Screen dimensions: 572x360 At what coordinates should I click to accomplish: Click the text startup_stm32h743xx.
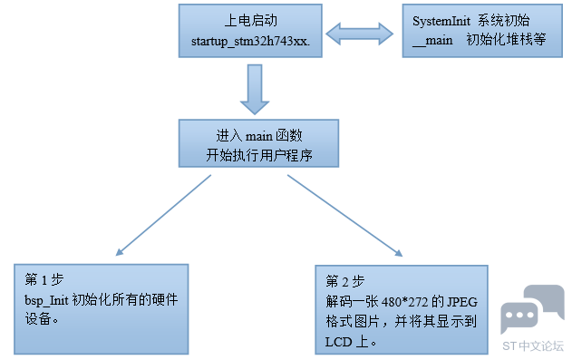250,42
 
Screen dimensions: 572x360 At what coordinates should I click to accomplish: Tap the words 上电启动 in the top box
250,21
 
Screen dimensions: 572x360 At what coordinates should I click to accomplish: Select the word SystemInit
441,22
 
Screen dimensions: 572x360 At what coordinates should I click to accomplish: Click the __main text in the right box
432,41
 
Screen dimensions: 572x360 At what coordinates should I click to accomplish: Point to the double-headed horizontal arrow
360,34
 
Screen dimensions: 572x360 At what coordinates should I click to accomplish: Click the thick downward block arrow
255,90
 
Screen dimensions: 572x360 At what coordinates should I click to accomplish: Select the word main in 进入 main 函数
259,136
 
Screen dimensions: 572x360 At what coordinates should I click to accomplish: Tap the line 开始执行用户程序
259,155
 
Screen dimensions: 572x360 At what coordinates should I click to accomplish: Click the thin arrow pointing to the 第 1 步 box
163,215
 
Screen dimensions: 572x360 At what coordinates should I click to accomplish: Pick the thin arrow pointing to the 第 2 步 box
344,216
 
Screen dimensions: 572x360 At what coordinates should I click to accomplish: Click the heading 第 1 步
44,280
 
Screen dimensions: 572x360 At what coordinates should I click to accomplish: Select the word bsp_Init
46,300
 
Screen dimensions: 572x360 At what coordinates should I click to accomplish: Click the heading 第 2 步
345,281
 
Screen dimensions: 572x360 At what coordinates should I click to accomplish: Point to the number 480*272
404,302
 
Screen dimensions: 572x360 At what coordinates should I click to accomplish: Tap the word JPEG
462,302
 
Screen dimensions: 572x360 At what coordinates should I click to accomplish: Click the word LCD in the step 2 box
338,342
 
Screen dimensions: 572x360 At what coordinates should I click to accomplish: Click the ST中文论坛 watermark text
533,346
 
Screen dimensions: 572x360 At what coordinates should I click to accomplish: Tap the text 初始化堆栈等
506,40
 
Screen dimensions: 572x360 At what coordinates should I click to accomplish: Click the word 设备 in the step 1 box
37,319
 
